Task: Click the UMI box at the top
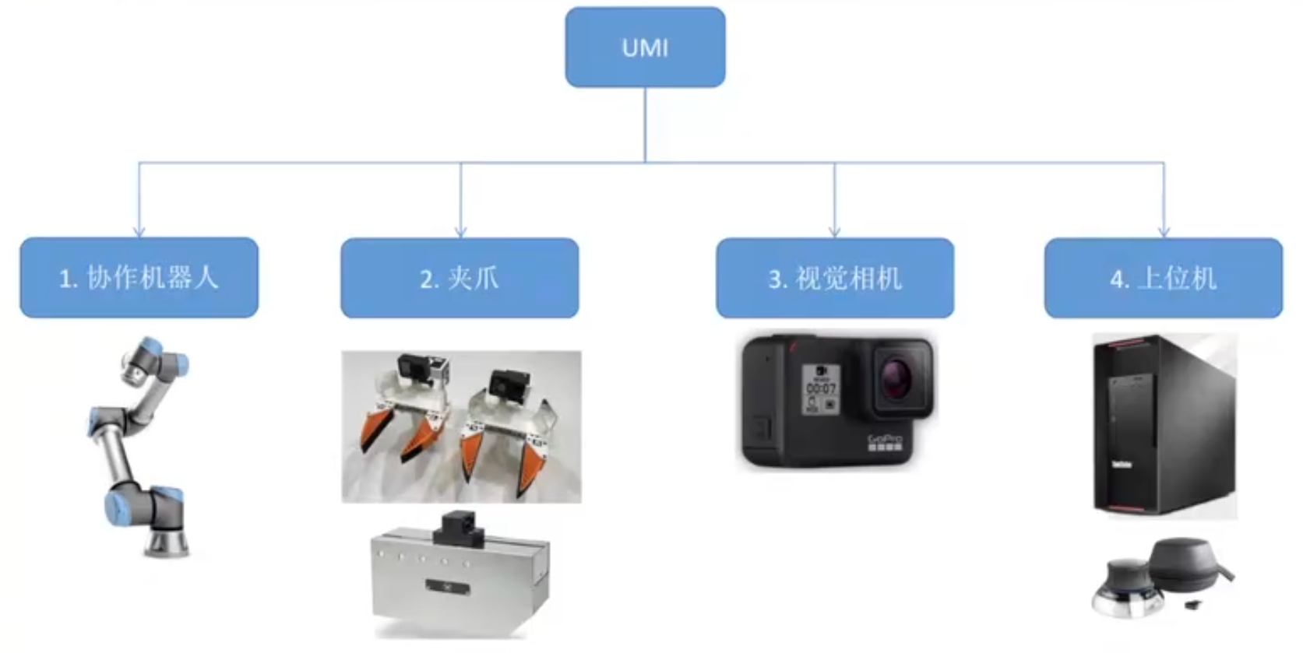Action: click(x=645, y=47)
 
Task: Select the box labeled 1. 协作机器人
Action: click(x=139, y=278)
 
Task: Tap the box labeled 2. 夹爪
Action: click(x=460, y=278)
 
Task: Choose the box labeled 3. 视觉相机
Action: click(x=834, y=278)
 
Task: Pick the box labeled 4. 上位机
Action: click(x=1163, y=278)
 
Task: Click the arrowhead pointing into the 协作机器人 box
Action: click(x=139, y=231)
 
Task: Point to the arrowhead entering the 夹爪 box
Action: click(x=460, y=231)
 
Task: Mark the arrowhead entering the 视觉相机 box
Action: click(x=834, y=231)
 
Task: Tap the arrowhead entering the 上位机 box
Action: click(x=1164, y=231)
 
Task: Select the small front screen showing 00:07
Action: click(x=821, y=388)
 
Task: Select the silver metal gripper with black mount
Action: click(x=460, y=580)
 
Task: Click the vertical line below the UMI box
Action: click(x=645, y=125)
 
